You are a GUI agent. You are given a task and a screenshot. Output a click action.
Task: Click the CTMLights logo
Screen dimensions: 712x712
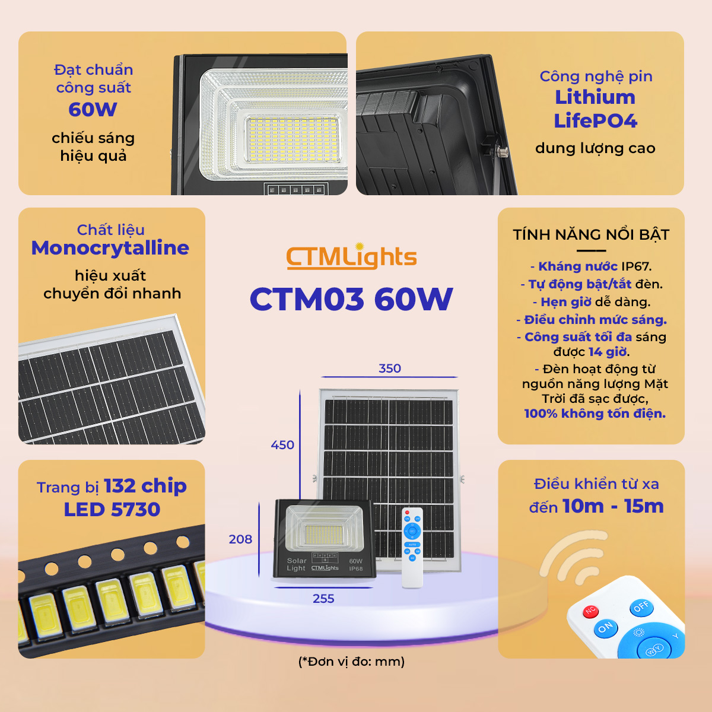pyautogui.click(x=351, y=256)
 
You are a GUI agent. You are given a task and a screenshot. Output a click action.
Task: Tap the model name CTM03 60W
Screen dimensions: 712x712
pyautogui.click(x=351, y=299)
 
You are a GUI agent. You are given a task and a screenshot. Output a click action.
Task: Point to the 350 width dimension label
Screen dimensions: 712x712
pyautogui.click(x=389, y=368)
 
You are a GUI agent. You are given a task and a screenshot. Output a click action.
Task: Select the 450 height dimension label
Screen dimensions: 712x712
pyautogui.click(x=282, y=445)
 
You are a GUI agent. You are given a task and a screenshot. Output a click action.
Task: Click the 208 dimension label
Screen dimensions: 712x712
pyautogui.click(x=240, y=539)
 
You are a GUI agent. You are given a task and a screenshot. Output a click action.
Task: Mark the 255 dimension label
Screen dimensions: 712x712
pyautogui.click(x=323, y=599)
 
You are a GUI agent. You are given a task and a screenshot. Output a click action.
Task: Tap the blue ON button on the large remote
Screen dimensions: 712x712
pyautogui.click(x=605, y=627)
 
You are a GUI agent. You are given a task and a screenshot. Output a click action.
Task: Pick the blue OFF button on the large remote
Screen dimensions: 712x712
pyautogui.click(x=641, y=607)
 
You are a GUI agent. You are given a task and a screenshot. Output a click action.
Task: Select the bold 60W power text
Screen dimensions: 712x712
pyautogui.click(x=93, y=109)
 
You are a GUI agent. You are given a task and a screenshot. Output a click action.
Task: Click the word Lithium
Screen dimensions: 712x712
pyautogui.click(x=595, y=97)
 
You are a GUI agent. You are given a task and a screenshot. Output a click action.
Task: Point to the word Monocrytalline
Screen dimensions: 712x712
pyautogui.click(x=110, y=248)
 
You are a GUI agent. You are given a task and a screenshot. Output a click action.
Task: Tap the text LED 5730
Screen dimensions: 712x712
pyautogui.click(x=112, y=510)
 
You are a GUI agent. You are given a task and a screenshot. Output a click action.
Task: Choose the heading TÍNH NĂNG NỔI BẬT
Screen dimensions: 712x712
pyautogui.click(x=591, y=234)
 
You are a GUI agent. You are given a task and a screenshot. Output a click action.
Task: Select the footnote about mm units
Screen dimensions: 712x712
pyautogui.click(x=351, y=662)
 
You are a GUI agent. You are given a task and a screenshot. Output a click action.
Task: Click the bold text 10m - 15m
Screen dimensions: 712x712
pyautogui.click(x=614, y=506)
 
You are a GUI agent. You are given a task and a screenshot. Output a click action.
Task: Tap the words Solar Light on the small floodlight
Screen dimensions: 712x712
pyautogui.click(x=297, y=565)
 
